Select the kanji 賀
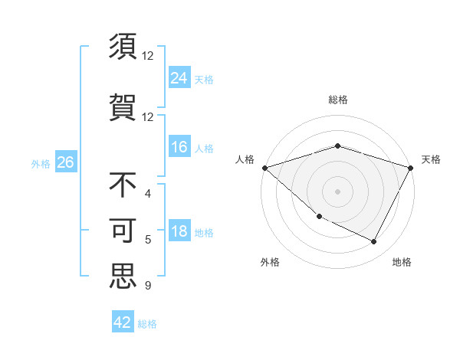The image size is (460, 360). (x=123, y=106)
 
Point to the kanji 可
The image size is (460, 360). (x=123, y=231)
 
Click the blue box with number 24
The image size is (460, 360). (x=179, y=78)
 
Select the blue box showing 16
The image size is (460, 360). (x=179, y=147)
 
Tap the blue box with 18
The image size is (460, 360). (x=179, y=232)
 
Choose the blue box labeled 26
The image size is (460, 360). (x=65, y=162)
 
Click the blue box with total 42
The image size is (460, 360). (x=123, y=322)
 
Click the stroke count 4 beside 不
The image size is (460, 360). (x=147, y=195)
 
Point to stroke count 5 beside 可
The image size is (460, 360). (x=147, y=240)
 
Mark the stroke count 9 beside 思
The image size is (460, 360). (x=147, y=286)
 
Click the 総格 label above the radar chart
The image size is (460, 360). (x=337, y=100)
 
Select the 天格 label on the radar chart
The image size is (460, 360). (x=431, y=159)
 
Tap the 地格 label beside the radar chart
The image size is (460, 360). (x=402, y=262)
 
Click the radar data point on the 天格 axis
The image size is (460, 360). (x=411, y=167)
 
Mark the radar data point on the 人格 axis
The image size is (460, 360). (x=264, y=167)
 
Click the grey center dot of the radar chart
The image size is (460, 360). (x=337, y=191)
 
